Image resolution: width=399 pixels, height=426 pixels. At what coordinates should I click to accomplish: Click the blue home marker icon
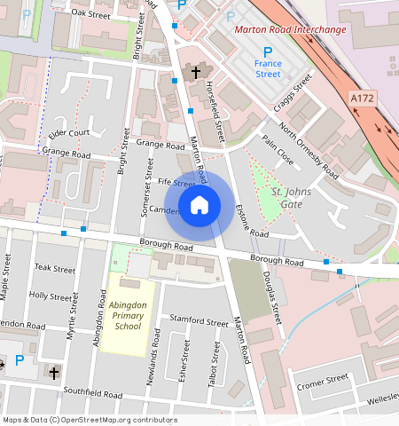coord(199,205)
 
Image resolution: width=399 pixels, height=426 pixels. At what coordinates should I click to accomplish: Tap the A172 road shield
coord(361,97)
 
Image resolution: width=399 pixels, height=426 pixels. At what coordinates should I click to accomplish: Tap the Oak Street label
coord(90,14)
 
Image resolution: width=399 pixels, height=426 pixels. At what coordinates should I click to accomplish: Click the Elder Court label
coord(69,133)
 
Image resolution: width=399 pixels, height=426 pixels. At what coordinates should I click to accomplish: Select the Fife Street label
coord(176,183)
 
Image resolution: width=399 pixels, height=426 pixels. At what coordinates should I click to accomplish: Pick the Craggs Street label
coord(296,91)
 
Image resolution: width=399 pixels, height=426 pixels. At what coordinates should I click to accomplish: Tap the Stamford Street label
coord(193,320)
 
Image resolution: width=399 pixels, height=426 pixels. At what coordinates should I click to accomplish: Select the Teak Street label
coord(55,267)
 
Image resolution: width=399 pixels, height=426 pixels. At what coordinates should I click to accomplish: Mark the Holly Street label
coord(50,295)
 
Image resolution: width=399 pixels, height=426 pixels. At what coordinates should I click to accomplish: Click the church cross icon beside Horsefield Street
coord(195,72)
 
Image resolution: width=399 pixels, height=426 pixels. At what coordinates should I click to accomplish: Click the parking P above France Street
coord(268,52)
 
